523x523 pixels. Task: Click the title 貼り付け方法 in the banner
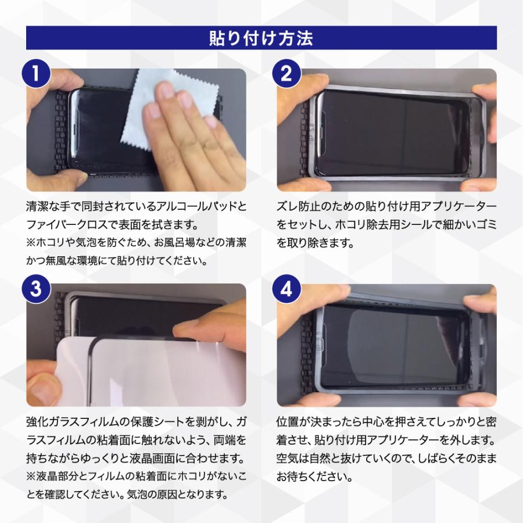261,38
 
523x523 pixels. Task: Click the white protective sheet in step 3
116,372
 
